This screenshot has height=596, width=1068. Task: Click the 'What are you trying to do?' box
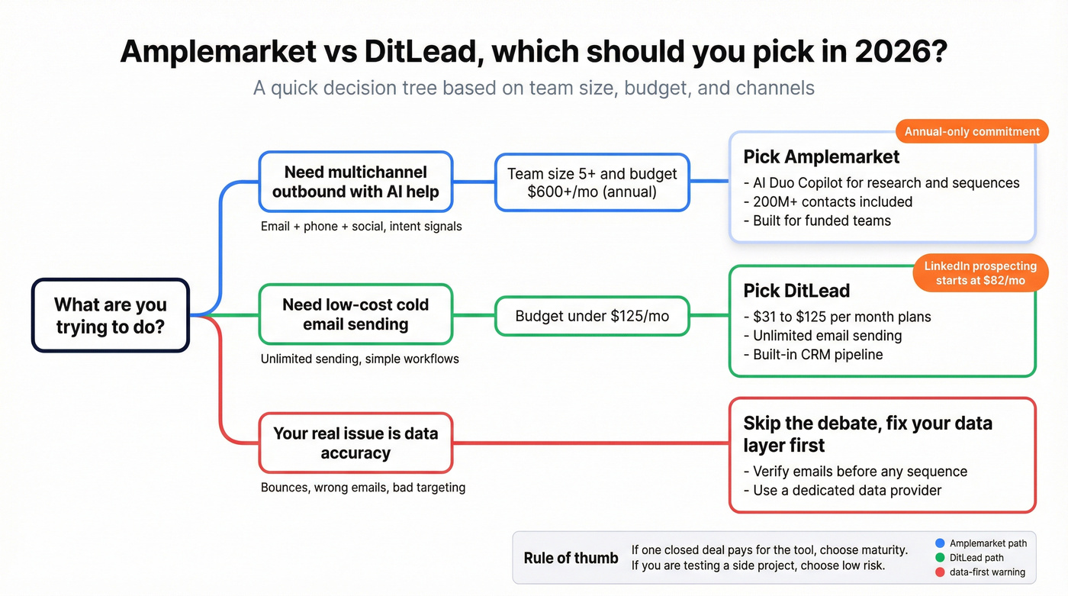tap(110, 315)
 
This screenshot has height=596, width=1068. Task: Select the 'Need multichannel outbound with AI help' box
tap(355, 182)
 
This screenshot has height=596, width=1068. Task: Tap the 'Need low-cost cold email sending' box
tap(355, 314)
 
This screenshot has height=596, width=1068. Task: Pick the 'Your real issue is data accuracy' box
tap(355, 443)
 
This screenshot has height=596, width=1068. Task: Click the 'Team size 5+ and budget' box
tap(591, 182)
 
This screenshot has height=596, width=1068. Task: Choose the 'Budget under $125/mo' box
tap(591, 316)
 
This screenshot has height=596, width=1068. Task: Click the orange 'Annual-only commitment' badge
tap(972, 132)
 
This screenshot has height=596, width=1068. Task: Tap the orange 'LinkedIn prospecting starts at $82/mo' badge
tap(980, 273)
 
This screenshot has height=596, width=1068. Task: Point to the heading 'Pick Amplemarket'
tap(822, 157)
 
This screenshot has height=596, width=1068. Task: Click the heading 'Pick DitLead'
tap(796, 291)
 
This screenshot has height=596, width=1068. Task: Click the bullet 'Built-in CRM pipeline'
tap(817, 354)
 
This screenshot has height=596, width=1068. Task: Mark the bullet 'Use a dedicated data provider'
tap(847, 491)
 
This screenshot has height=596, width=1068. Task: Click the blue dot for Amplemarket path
tap(940, 543)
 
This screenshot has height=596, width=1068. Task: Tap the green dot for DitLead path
tap(940, 558)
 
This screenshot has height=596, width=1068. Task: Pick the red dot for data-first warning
tap(940, 572)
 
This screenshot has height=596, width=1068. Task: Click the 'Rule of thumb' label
tap(571, 558)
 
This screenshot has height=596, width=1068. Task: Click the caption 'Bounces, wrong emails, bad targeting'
tap(363, 487)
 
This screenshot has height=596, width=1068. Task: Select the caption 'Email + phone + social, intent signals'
tap(361, 226)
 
